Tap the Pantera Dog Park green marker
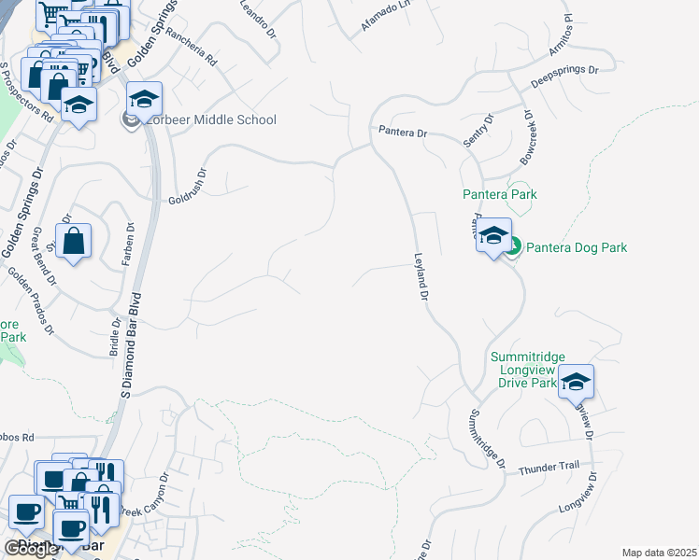tap(513, 247)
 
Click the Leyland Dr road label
tap(421, 277)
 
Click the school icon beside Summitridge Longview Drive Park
tap(576, 381)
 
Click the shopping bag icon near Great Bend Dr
tap(73, 241)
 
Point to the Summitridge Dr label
tap(487, 438)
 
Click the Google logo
tap(31, 548)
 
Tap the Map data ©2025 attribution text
tap(659, 553)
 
